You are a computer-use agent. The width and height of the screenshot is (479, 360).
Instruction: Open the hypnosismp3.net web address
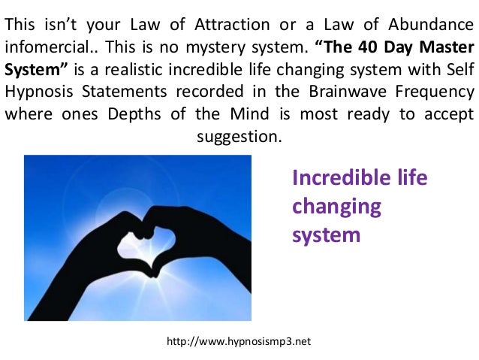click(239, 341)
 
